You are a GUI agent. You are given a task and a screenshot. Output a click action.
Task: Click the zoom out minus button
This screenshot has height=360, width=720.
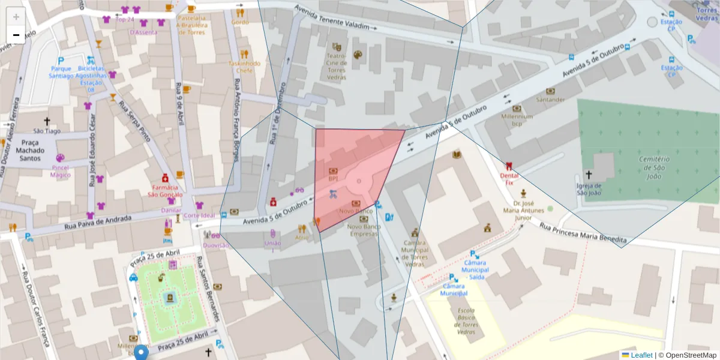point(16,35)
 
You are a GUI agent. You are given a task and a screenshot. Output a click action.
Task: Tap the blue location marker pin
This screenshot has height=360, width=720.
point(141,352)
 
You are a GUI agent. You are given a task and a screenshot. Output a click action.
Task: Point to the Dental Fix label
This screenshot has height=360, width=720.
point(509,178)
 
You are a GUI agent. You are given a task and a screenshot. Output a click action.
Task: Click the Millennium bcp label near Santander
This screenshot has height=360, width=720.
point(517,120)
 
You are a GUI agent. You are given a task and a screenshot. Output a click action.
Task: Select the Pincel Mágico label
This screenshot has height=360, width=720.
point(60,171)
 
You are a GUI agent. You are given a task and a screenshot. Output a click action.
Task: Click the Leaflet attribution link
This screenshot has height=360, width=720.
point(641,355)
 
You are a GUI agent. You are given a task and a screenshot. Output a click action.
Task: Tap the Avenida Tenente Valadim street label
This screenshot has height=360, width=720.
point(336,19)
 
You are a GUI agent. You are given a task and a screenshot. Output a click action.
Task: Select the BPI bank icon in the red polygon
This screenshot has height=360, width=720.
point(334,170)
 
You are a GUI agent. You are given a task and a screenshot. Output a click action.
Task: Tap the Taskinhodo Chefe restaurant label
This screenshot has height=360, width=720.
point(244,67)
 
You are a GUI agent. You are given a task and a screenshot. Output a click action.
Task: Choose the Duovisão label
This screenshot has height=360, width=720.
point(215,245)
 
